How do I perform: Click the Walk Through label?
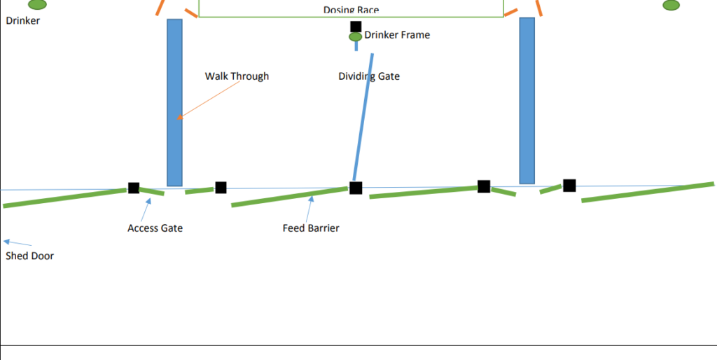[x=237, y=76]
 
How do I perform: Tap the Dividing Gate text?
[x=369, y=76]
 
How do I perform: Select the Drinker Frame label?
[x=397, y=35]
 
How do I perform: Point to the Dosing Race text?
[x=351, y=10]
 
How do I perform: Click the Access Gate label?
[x=155, y=228]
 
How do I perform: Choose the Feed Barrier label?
[x=311, y=228]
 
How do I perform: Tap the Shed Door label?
[x=29, y=256]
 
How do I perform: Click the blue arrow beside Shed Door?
[x=18, y=242]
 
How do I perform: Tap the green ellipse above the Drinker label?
[x=37, y=4]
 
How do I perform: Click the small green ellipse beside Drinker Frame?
[x=356, y=36]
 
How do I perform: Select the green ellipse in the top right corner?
[x=671, y=5]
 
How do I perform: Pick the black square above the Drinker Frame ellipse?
[x=356, y=27]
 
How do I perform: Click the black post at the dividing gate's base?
[x=356, y=188]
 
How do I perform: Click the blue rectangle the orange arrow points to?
[x=174, y=102]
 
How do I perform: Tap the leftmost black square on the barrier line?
[x=134, y=188]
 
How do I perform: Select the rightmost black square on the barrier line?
[x=569, y=185]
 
